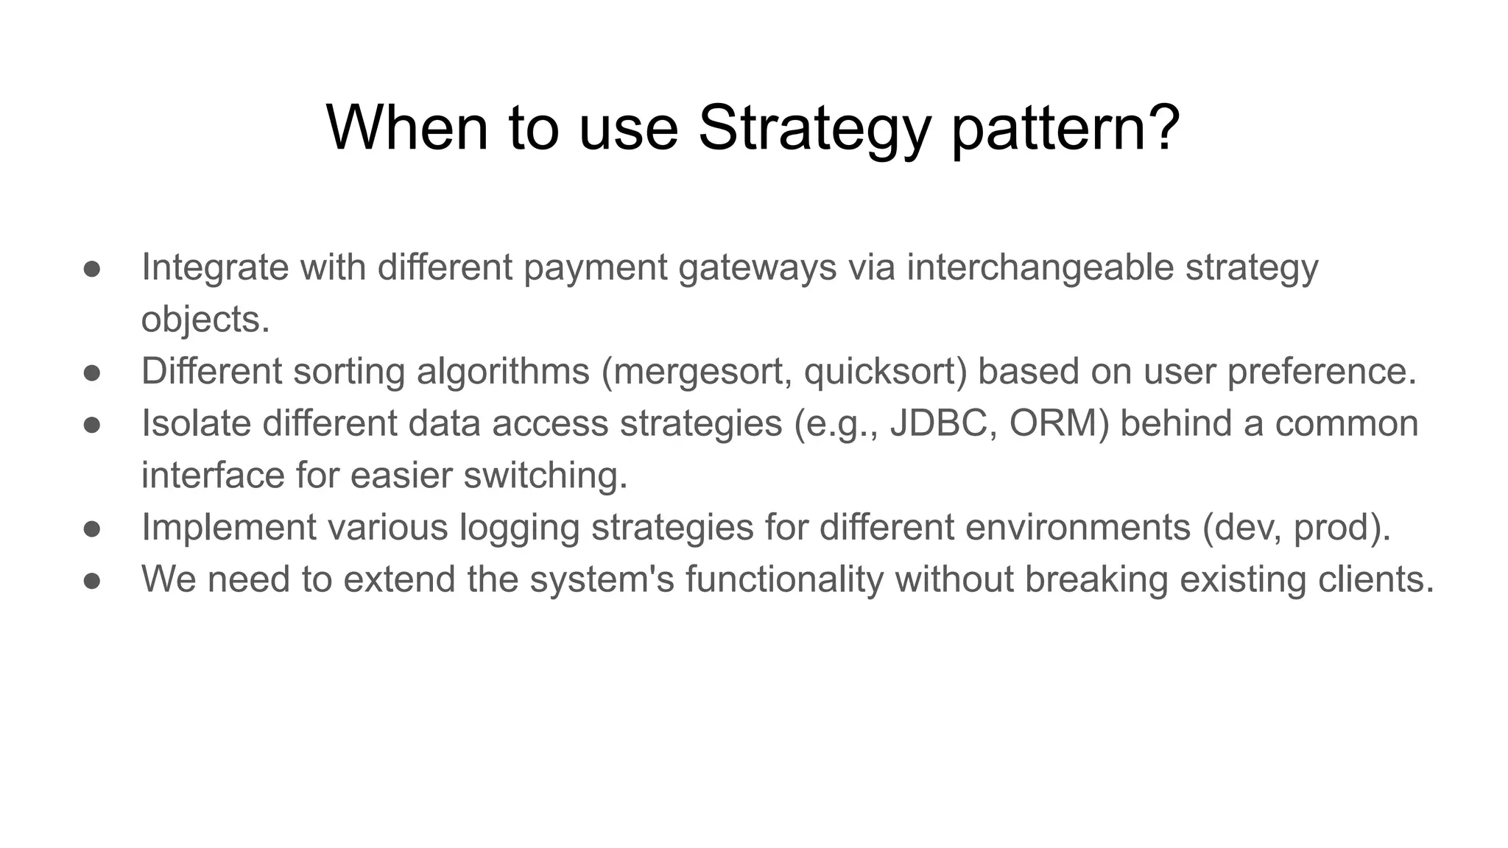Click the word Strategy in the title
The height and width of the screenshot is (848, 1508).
[814, 129]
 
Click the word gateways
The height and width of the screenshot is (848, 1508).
[757, 268]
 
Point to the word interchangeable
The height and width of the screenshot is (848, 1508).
[1040, 266]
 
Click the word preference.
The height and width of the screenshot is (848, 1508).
[1321, 372]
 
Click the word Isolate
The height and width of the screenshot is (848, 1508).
[196, 423]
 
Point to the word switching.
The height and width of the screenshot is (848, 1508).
[545, 476]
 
